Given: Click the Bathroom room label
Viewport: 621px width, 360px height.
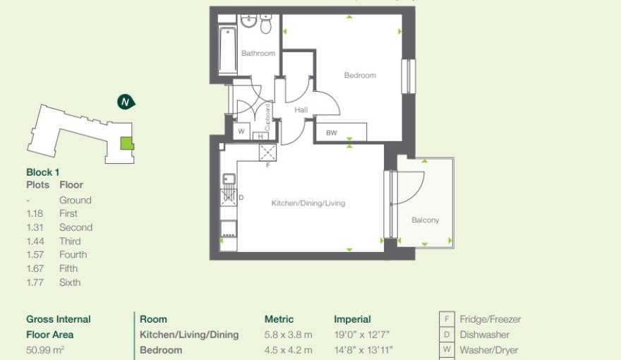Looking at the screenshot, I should click(258, 54).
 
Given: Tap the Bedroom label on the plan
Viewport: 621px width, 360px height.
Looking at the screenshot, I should click(360, 76).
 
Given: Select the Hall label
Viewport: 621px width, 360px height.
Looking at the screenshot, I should click(301, 110).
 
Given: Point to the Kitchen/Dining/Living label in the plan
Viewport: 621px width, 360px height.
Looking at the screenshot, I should click(308, 203).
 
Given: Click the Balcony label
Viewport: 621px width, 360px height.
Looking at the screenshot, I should click(426, 220).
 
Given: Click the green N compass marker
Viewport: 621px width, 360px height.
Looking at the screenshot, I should click(126, 102).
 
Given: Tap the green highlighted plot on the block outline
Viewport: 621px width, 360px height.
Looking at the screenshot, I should click(126, 143).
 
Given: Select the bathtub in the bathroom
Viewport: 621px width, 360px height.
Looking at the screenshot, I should click(228, 50).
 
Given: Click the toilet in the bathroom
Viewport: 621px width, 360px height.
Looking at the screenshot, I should click(266, 25).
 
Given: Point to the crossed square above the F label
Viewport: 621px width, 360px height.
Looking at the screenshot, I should click(268, 152).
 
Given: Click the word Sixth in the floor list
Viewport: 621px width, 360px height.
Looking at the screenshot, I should click(70, 282).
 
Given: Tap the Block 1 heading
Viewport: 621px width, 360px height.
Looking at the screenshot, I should click(43, 172).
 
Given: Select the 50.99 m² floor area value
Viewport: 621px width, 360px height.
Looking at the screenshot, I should click(44, 350).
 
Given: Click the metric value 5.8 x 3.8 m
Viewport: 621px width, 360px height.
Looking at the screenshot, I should click(288, 335).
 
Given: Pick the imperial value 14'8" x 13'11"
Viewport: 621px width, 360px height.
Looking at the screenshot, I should click(363, 350).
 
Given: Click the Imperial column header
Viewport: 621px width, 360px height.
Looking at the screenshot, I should click(352, 319).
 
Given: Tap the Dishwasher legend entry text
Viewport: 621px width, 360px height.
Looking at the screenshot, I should click(484, 335).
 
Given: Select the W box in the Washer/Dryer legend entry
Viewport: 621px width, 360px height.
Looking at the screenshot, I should click(446, 350).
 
